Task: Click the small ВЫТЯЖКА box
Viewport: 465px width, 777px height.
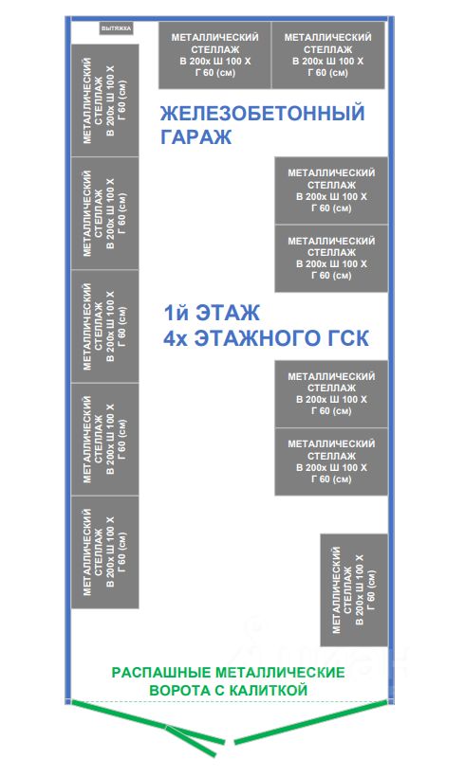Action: [x=116, y=28]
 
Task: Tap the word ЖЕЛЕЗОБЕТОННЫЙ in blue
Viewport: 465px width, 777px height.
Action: [x=262, y=114]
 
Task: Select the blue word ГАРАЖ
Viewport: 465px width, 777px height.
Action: [x=195, y=136]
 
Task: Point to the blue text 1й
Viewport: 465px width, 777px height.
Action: [x=177, y=314]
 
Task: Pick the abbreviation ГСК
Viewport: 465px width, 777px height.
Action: [x=344, y=338]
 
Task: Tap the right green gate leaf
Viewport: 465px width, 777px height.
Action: [x=310, y=722]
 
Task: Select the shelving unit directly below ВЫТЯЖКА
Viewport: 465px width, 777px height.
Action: [x=104, y=100]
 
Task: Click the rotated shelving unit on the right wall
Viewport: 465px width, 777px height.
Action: [x=354, y=590]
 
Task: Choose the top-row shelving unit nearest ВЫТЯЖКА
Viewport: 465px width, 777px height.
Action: [x=214, y=55]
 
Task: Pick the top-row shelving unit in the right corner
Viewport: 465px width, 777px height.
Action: [x=328, y=55]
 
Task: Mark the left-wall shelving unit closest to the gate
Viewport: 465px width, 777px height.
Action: [x=104, y=552]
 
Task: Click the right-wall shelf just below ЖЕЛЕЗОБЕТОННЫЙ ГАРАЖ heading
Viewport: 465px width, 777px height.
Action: [x=331, y=190]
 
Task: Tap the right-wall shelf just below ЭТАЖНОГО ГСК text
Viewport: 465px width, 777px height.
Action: [x=331, y=394]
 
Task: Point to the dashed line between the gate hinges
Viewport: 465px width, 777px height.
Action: [x=230, y=700]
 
